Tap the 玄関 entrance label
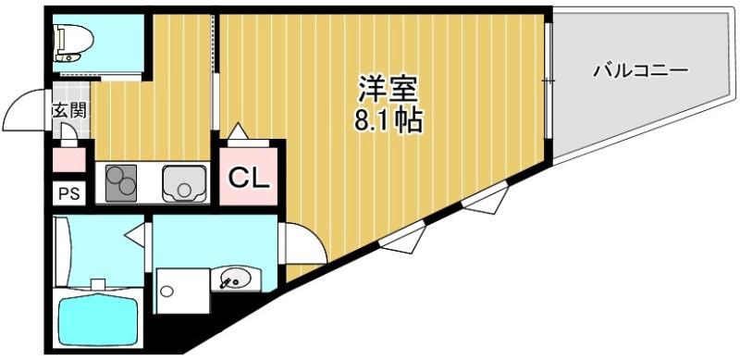(x=68, y=110)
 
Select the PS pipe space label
(x=68, y=194)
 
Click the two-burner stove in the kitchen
(x=120, y=183)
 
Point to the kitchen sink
(x=184, y=183)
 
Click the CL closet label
(x=248, y=176)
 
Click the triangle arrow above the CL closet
(x=238, y=131)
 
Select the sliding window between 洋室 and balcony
(x=547, y=83)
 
